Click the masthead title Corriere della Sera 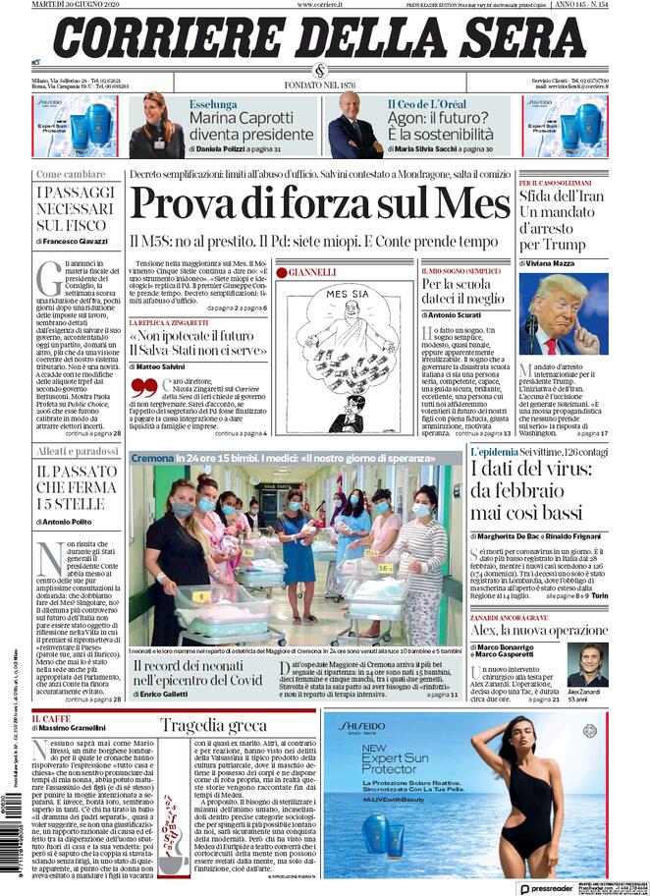[x=319, y=38]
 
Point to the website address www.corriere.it [x=321, y=6]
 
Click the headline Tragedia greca [x=213, y=726]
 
